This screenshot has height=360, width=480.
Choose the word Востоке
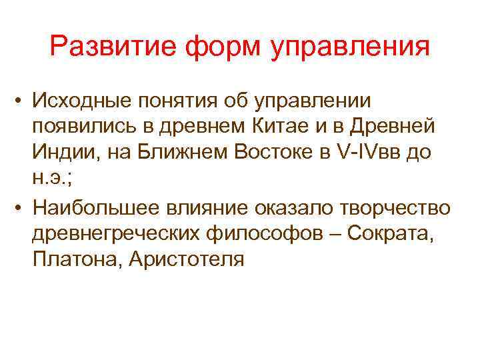(282, 151)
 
